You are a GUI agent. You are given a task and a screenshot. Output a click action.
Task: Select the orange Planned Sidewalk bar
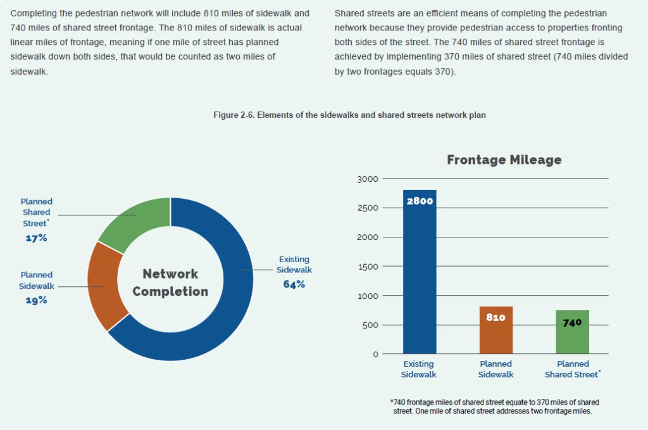(x=495, y=336)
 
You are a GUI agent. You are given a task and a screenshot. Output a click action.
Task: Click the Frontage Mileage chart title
(x=504, y=160)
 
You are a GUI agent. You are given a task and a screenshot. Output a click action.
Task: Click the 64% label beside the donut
(x=294, y=284)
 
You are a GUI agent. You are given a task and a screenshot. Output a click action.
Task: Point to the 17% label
(x=37, y=238)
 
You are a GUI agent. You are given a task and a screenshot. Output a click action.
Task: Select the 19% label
(x=37, y=300)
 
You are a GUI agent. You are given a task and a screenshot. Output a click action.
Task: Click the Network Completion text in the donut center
(x=170, y=282)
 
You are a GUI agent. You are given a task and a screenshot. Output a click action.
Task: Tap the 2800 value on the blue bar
(x=419, y=201)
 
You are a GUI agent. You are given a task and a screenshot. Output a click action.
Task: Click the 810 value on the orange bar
(x=495, y=317)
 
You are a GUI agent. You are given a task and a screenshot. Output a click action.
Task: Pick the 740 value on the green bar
(x=572, y=322)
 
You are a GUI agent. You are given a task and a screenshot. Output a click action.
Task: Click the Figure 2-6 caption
(x=349, y=115)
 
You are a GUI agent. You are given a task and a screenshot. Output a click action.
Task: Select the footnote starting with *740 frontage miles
(x=494, y=407)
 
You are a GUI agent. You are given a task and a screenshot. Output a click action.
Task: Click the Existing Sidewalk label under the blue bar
(x=418, y=369)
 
